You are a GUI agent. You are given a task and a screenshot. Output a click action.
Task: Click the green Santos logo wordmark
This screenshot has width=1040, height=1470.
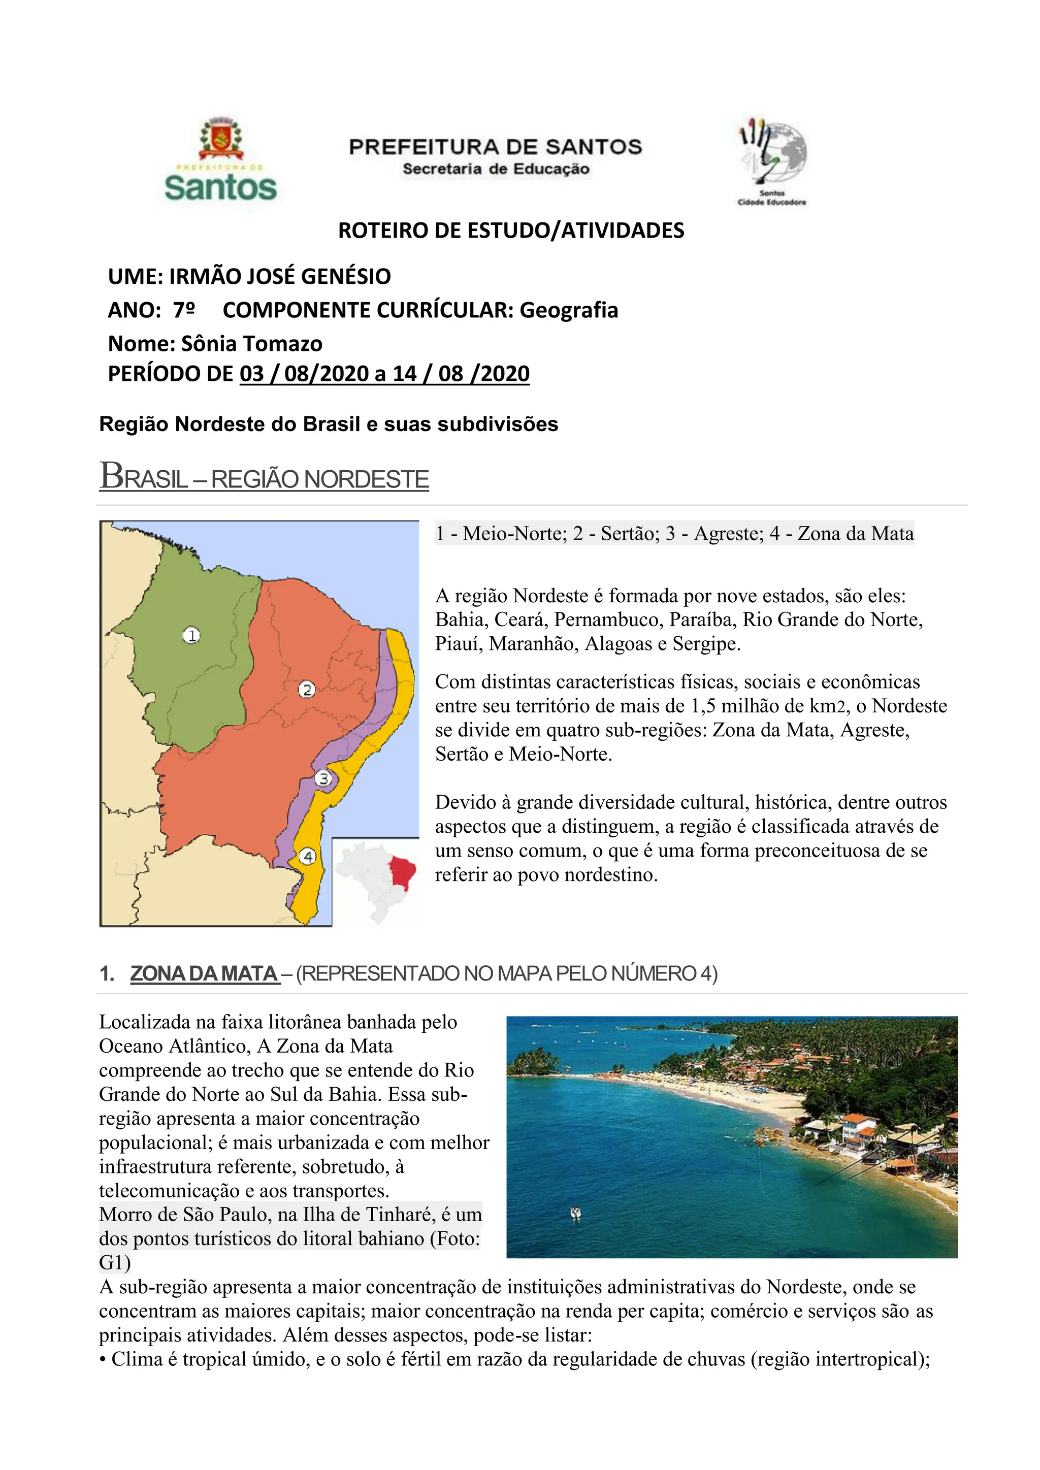click(x=220, y=187)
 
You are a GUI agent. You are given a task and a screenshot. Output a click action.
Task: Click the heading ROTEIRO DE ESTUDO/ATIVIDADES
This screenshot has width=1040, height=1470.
click(x=511, y=231)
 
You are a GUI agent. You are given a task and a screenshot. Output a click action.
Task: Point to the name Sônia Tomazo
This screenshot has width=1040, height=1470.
click(x=252, y=344)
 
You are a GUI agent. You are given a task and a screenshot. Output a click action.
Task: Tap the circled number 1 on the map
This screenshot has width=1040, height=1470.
click(x=191, y=635)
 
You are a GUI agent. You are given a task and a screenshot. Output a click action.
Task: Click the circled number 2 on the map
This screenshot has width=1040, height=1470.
click(x=307, y=690)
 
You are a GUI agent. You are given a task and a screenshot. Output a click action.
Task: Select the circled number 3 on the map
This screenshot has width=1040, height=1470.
click(x=324, y=778)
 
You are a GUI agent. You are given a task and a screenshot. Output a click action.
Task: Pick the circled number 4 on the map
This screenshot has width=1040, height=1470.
click(x=309, y=856)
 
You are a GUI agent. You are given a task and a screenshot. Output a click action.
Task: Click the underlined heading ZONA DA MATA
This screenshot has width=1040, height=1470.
click(x=204, y=974)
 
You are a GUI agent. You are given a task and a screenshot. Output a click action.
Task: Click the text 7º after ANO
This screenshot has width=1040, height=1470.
click(x=184, y=310)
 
